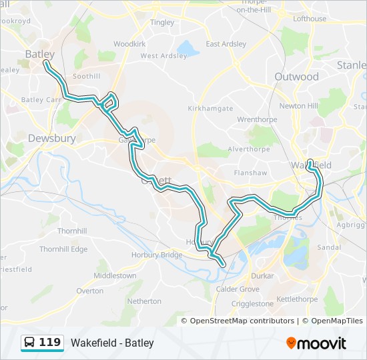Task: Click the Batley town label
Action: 40,53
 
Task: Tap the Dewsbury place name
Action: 51,139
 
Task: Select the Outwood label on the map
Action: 296,77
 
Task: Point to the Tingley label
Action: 162,22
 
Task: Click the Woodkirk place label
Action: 129,43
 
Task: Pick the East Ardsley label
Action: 226,44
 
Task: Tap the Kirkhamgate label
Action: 210,108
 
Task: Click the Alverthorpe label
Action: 247,149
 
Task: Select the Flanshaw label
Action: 251,173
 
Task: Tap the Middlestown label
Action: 115,275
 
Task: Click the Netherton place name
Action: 144,301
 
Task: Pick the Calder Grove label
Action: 238,289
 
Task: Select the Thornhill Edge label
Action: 63,249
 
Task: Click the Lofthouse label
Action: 310,19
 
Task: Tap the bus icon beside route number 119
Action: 30,343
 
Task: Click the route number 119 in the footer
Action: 50,343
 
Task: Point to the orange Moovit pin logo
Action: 291,343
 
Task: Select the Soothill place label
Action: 86,77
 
